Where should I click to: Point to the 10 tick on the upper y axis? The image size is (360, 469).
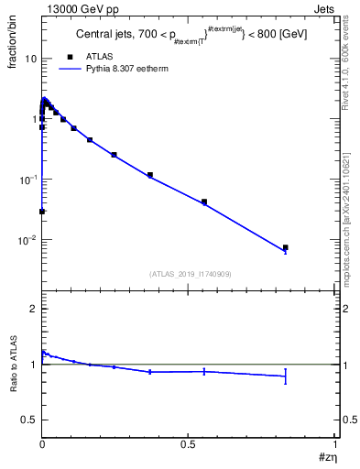pos(30,59)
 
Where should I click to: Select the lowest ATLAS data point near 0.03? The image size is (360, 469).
pos(42,212)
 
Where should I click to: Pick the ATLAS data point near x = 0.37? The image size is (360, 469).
pos(150,175)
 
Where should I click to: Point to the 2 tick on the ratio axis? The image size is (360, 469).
pos(33,310)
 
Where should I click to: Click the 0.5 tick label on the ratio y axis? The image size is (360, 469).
pos(27,420)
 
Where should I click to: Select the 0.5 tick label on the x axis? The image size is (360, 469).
pos(188,443)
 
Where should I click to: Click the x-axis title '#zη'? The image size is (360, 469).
pos(326,456)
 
